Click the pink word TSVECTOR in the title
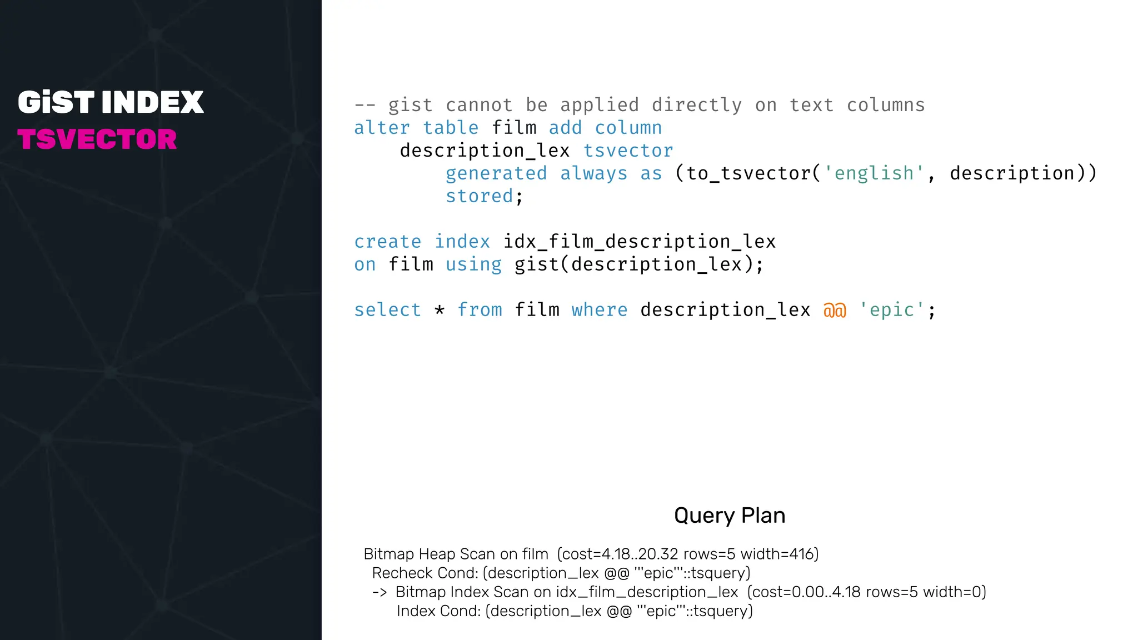pos(97,139)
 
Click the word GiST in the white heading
pos(56,103)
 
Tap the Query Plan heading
pos(730,516)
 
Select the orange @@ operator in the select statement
pos(835,310)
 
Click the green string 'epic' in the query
pos(892,310)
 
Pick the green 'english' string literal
pos(874,173)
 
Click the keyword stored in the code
pos(479,196)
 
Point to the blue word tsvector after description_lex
pos(628,151)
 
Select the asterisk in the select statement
pos(440,310)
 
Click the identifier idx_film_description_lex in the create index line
pos(639,242)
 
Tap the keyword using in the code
pos(473,264)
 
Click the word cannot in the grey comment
pos(479,105)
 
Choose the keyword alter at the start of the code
pos(382,128)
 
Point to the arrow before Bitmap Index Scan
pos(380,592)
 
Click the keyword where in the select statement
pos(599,310)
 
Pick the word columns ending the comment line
pos(886,105)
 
